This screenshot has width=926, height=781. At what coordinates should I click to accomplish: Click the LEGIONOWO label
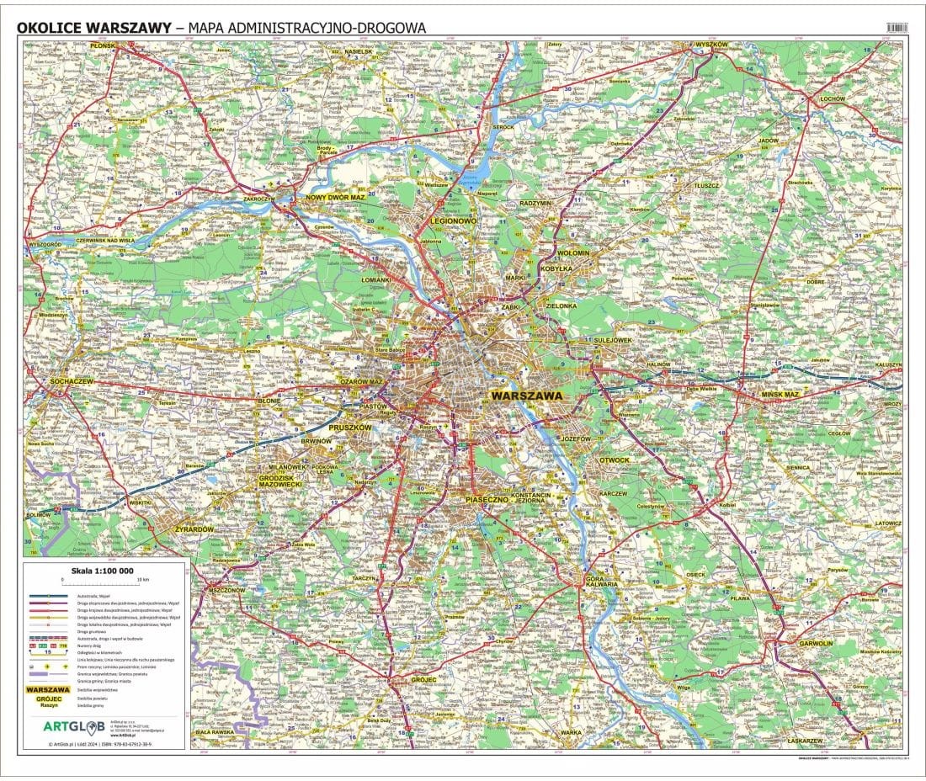453,220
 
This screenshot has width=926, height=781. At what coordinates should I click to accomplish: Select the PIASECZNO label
487,500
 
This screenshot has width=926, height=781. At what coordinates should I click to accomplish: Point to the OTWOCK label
614,460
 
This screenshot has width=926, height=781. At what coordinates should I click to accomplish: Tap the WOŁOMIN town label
573,252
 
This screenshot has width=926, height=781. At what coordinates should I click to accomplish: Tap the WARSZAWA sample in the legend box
48,690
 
